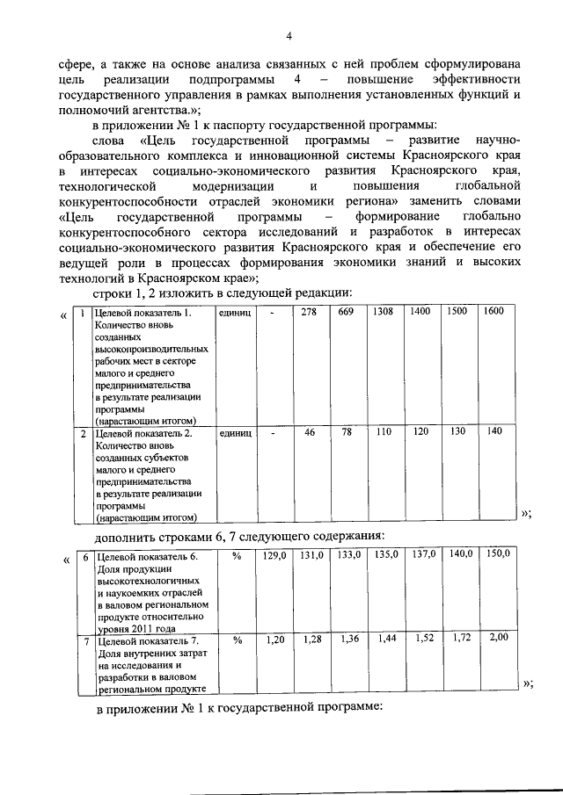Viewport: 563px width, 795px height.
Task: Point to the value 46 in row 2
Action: point(309,432)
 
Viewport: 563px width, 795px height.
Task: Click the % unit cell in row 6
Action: point(236,555)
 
